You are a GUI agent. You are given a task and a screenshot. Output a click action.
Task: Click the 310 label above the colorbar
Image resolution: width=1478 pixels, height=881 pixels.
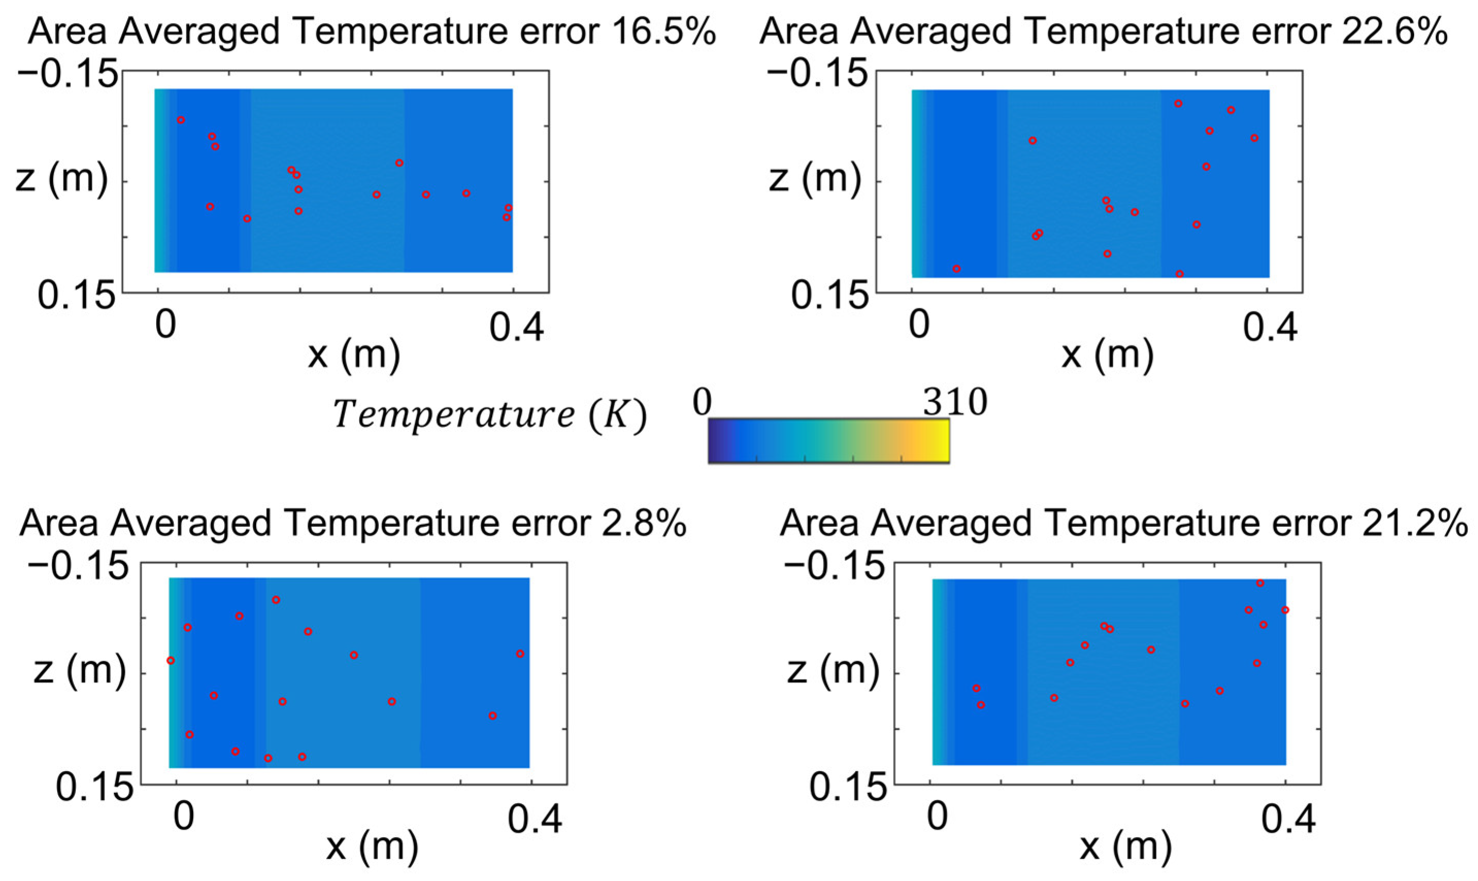pyautogui.click(x=954, y=403)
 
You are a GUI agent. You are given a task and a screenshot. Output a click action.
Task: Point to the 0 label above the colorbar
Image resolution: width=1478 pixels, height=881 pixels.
pyautogui.click(x=702, y=403)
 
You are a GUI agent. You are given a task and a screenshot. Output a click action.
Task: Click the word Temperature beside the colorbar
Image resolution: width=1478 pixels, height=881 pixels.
pyautogui.click(x=455, y=414)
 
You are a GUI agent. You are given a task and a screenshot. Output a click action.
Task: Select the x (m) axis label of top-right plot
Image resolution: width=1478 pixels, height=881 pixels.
pyautogui.click(x=1107, y=355)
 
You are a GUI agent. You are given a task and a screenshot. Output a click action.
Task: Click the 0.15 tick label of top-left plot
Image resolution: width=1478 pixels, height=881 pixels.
pyautogui.click(x=75, y=295)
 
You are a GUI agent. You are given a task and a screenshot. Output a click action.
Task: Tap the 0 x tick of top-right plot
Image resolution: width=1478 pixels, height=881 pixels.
pyautogui.click(x=918, y=326)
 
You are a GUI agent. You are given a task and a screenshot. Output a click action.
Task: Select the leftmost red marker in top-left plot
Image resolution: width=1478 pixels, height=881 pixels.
pyautogui.click(x=181, y=120)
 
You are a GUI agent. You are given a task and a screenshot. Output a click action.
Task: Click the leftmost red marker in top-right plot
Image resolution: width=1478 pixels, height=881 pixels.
pyautogui.click(x=956, y=269)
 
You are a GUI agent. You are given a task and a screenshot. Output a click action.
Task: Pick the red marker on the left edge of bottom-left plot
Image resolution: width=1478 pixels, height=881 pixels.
pyautogui.click(x=171, y=660)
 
